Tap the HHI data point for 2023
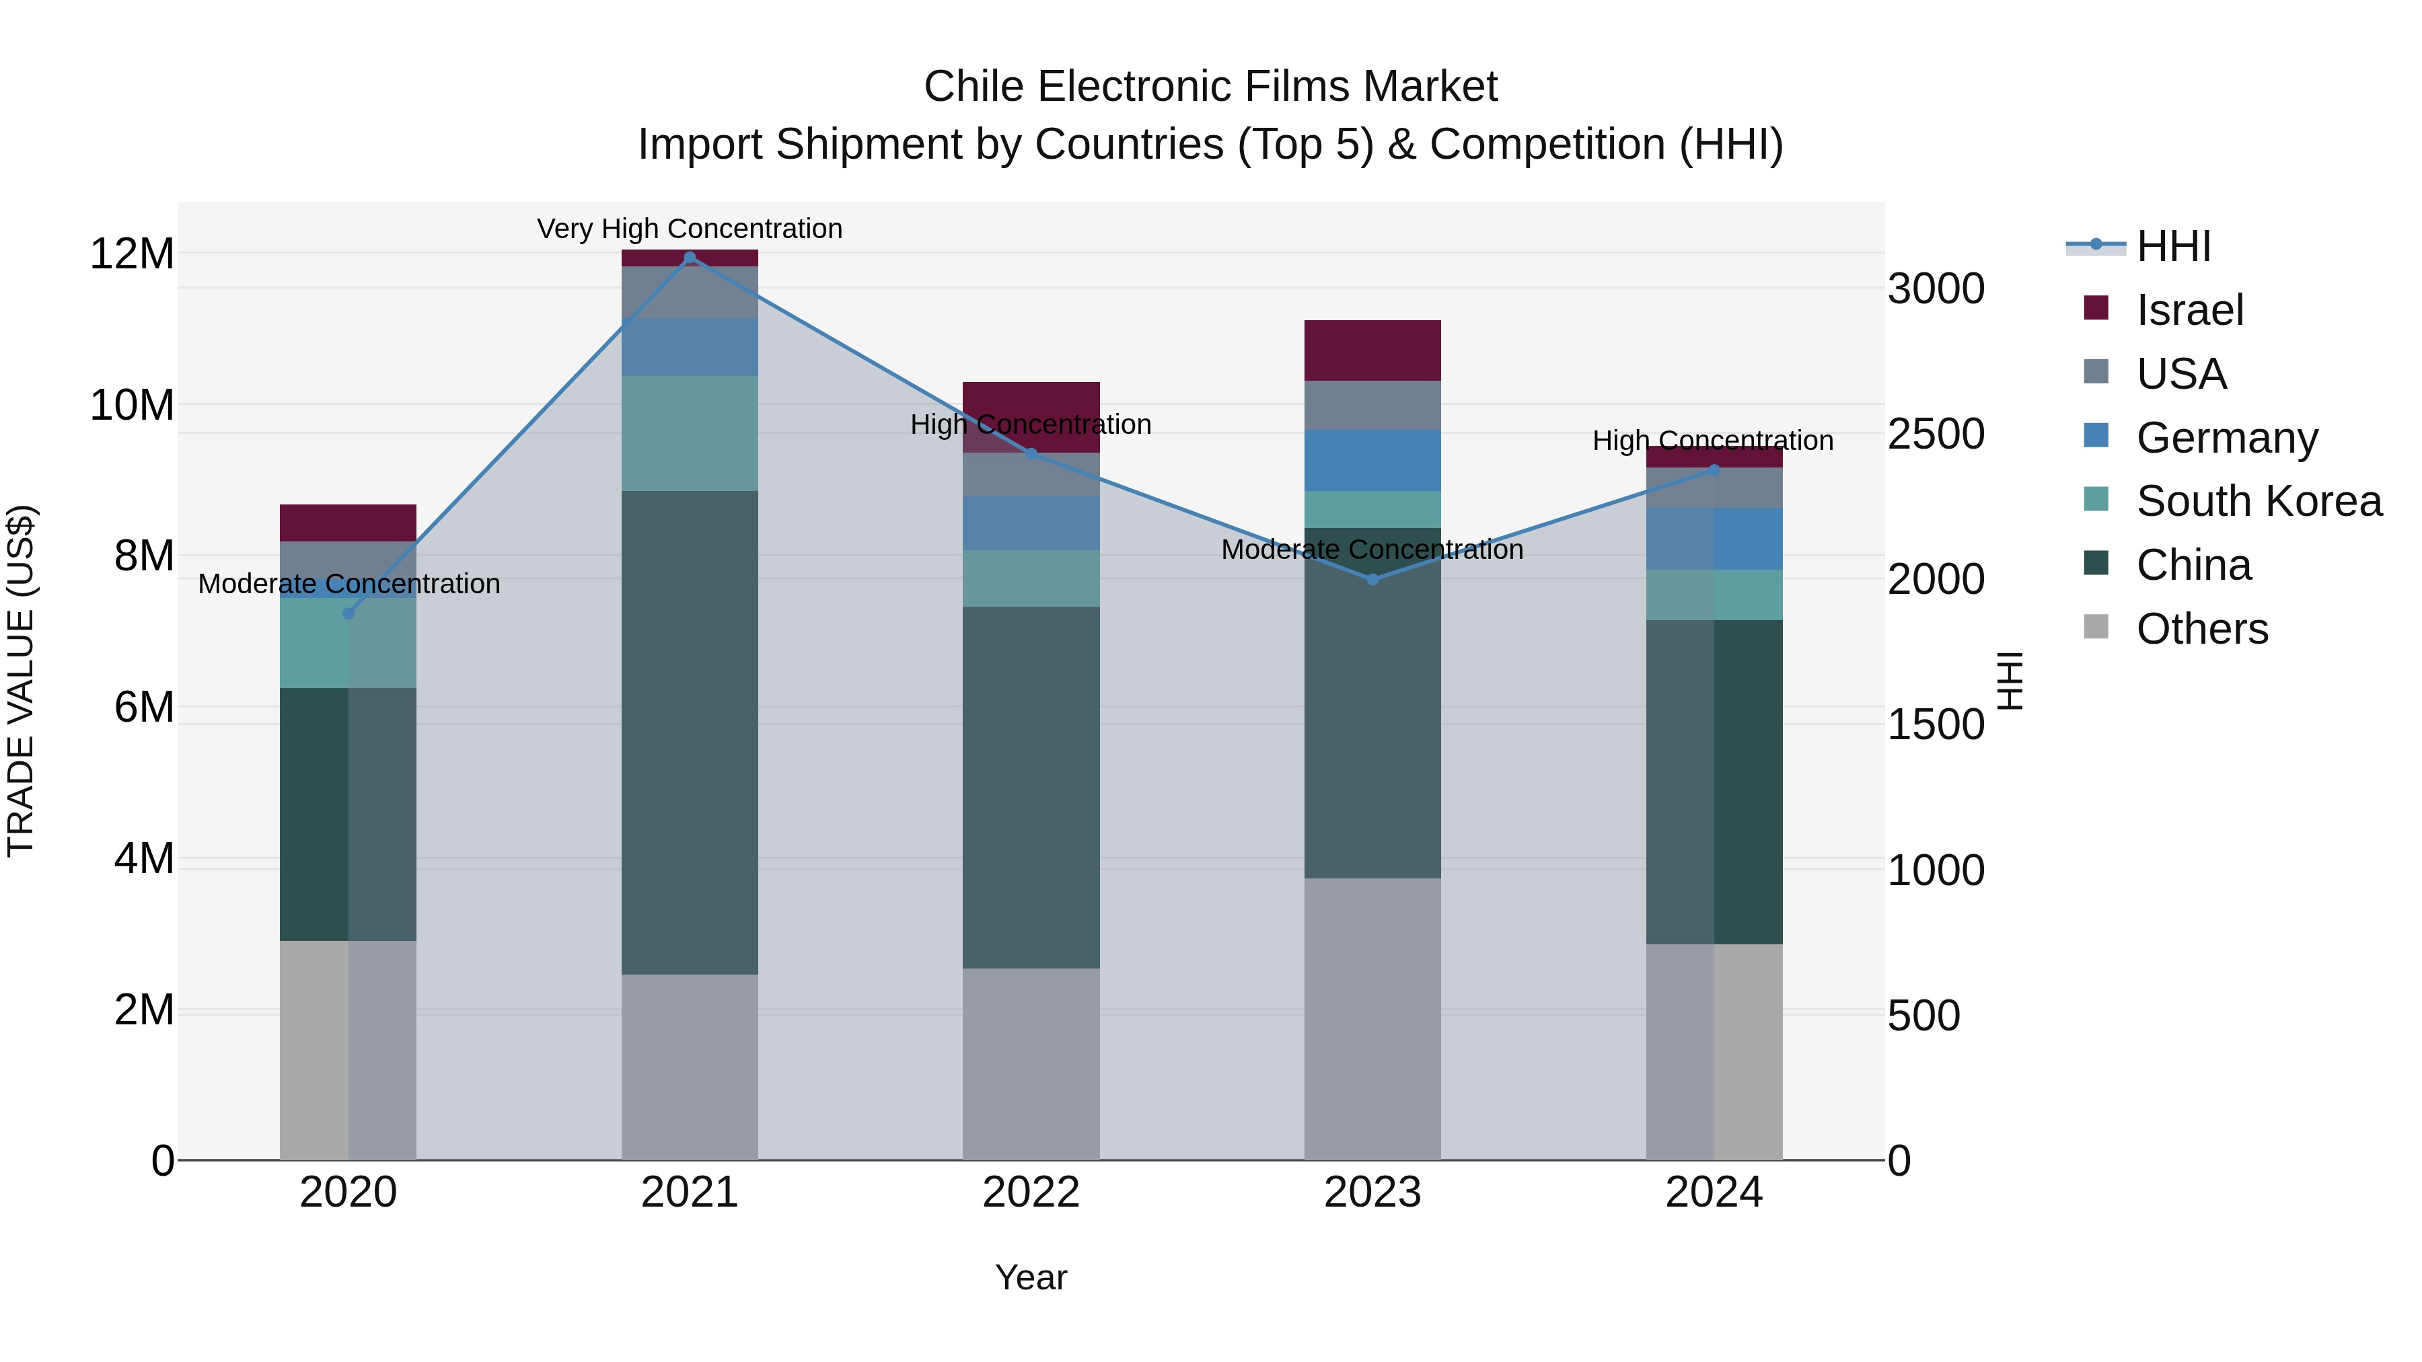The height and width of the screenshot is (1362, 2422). pyautogui.click(x=1372, y=579)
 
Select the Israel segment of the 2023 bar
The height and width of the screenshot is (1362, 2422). pyautogui.click(x=1372, y=350)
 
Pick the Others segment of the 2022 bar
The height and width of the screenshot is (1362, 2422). pyautogui.click(x=1031, y=1063)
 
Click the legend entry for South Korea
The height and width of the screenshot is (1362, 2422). pyautogui.click(x=2259, y=501)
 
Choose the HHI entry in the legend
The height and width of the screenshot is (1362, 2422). pyautogui.click(x=2173, y=246)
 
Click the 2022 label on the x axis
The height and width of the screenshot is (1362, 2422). pyautogui.click(x=1031, y=1193)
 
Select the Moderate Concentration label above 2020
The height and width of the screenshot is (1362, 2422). pyautogui.click(x=348, y=584)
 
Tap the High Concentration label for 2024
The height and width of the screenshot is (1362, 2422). pyautogui.click(x=1712, y=440)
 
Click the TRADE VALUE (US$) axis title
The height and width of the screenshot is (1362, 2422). pyautogui.click(x=21, y=681)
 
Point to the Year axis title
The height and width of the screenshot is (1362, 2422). pyautogui.click(x=1031, y=1277)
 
